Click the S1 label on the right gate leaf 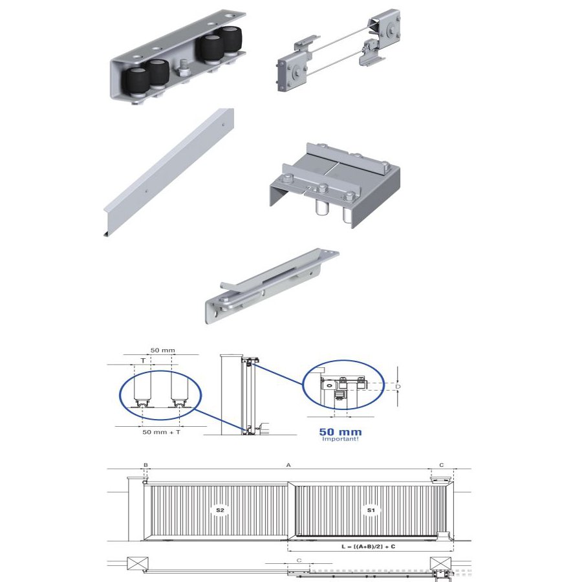click(x=371, y=510)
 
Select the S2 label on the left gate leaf click(x=220, y=510)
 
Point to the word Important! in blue click(x=340, y=439)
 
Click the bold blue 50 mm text click(x=340, y=432)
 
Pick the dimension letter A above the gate click(x=288, y=465)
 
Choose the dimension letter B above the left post click(x=146, y=465)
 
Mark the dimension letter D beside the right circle click(x=398, y=387)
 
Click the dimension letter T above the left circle click(x=144, y=360)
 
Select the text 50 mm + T click(x=162, y=432)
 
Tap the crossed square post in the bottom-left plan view click(x=138, y=563)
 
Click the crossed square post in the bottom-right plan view click(x=440, y=563)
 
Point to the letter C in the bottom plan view click(x=299, y=560)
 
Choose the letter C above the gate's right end click(x=441, y=465)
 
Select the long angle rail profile click(x=169, y=172)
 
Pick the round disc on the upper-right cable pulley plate click(x=389, y=27)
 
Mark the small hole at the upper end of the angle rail click(x=223, y=125)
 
